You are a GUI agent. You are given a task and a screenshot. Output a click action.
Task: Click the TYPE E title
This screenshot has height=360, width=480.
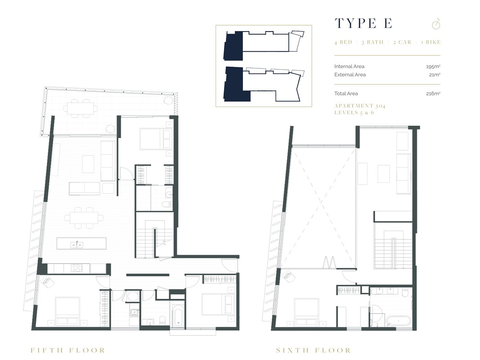(x=363, y=23)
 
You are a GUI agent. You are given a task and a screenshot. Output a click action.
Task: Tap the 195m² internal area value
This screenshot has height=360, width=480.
(x=433, y=67)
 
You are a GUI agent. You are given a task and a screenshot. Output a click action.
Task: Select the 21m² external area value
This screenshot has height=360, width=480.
(x=435, y=75)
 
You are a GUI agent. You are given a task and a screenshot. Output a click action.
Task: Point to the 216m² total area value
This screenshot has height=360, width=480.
(x=433, y=94)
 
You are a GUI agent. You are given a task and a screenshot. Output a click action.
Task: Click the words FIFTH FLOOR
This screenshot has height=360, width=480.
(x=67, y=350)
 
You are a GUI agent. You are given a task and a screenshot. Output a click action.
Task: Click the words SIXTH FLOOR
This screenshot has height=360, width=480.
(x=313, y=350)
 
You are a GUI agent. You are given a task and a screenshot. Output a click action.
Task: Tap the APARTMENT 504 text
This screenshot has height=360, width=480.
(x=359, y=106)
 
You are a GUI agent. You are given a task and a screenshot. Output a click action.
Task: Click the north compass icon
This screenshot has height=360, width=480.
(x=435, y=23)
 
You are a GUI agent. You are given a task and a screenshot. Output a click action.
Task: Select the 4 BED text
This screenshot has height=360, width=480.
(x=343, y=42)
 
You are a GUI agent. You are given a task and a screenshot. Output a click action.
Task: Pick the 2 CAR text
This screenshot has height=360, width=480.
(x=402, y=42)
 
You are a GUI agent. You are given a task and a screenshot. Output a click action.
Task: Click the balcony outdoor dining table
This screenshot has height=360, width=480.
(x=81, y=108)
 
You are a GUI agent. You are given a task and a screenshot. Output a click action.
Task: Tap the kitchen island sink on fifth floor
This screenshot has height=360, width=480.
(x=76, y=244)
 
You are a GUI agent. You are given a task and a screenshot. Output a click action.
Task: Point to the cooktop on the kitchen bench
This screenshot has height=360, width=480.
(x=77, y=268)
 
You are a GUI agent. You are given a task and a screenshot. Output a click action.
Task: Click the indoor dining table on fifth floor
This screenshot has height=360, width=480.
(x=83, y=218)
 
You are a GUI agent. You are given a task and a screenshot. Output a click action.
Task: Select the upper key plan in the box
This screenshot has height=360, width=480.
(x=263, y=45)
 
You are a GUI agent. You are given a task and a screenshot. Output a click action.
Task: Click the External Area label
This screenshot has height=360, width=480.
(x=350, y=75)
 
